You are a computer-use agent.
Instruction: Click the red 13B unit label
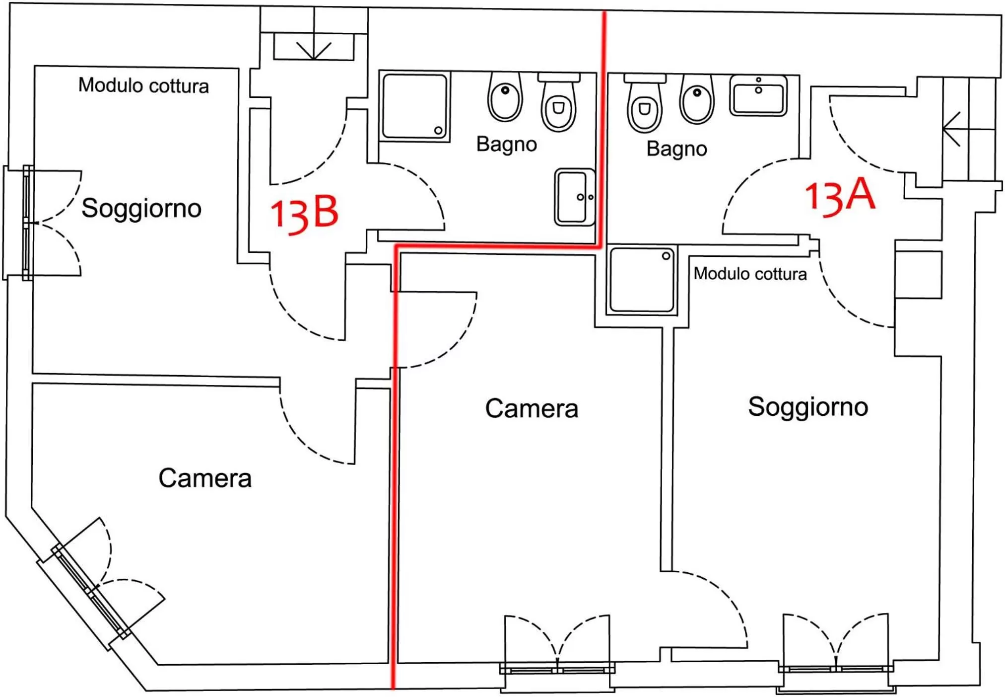click(x=304, y=214)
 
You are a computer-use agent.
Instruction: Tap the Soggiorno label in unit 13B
click(x=141, y=208)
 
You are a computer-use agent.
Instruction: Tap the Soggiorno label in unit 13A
click(x=808, y=406)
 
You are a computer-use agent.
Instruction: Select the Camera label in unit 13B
click(x=205, y=478)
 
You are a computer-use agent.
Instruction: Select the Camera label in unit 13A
click(x=532, y=408)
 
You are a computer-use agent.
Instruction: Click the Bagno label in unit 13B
click(x=506, y=144)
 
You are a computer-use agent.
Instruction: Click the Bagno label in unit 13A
click(x=676, y=149)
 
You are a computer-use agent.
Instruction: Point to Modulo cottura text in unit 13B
click(x=143, y=85)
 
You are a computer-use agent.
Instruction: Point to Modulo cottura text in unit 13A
click(x=750, y=274)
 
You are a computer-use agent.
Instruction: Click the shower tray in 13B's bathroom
click(x=415, y=106)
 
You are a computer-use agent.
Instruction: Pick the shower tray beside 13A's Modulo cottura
click(x=642, y=280)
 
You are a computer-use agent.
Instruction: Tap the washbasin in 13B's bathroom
click(x=574, y=197)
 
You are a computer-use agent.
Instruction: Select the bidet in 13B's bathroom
click(x=505, y=97)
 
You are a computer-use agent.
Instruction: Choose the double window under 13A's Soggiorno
click(x=836, y=668)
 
